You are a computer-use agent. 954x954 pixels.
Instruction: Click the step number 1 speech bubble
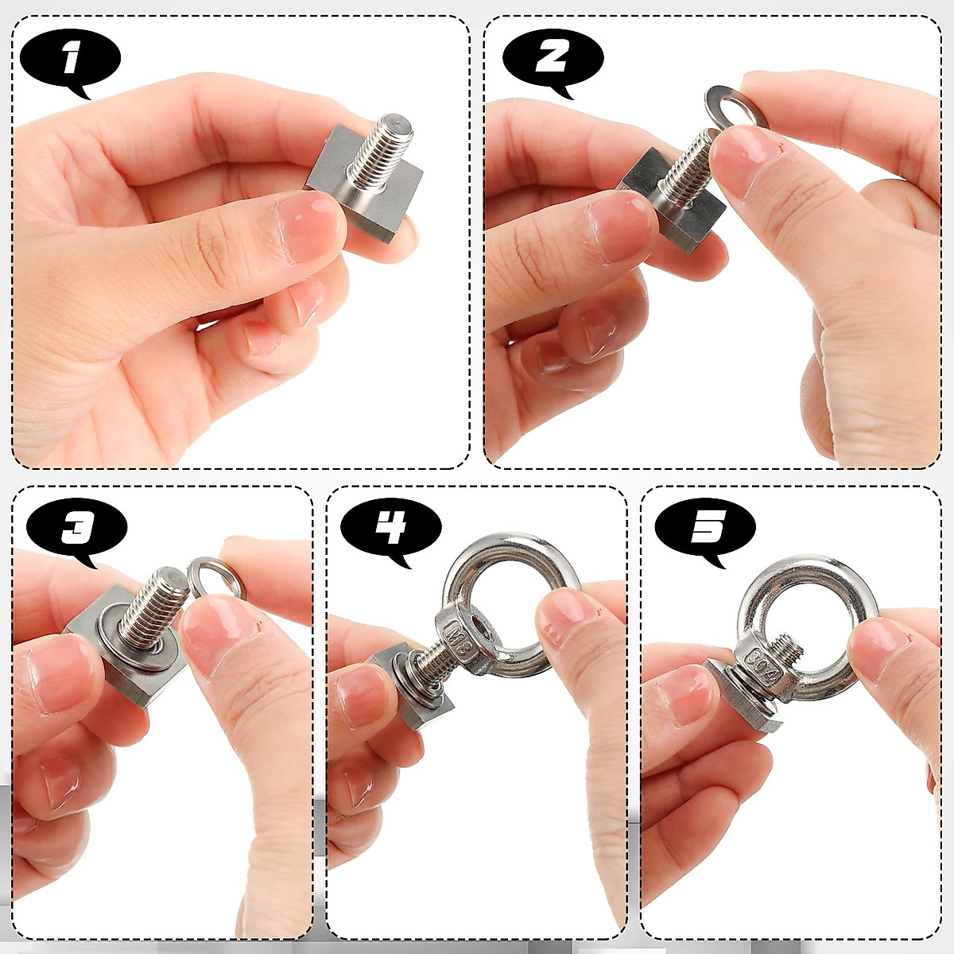tap(70, 60)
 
